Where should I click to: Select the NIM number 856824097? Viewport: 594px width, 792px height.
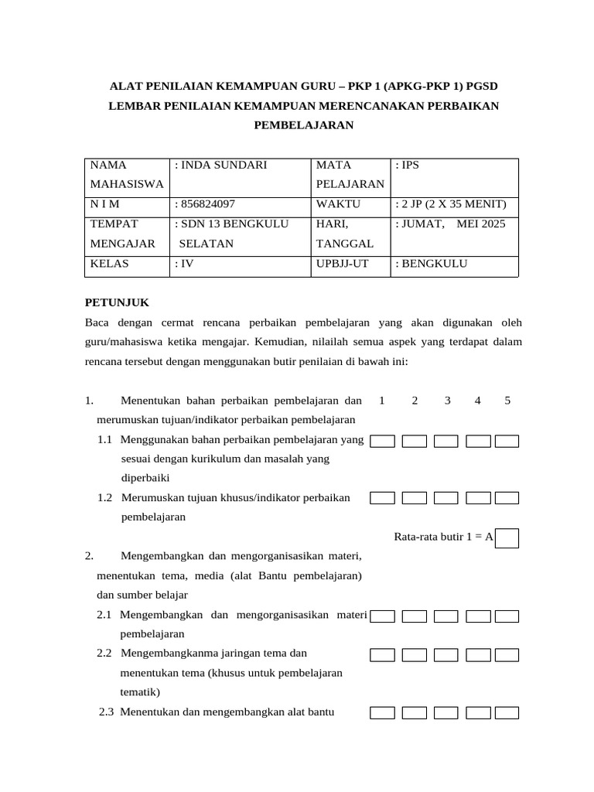(206, 204)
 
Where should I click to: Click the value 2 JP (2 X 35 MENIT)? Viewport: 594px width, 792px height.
(450, 204)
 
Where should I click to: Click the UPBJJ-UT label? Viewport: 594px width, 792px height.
(343, 264)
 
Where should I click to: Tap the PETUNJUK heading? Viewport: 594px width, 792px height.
(116, 302)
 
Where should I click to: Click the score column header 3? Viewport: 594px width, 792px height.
(447, 401)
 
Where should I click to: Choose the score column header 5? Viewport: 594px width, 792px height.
(507, 401)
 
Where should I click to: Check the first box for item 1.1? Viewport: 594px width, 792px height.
(382, 442)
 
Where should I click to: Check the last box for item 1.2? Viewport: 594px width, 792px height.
(507, 499)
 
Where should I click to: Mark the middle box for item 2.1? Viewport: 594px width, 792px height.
(445, 616)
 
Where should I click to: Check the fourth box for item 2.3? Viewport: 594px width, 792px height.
(478, 713)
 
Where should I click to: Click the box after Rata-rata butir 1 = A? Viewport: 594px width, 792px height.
(507, 538)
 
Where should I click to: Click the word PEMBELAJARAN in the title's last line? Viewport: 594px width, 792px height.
(303, 125)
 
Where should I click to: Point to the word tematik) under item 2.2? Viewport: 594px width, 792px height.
(140, 692)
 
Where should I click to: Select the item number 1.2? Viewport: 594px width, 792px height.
(106, 498)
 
